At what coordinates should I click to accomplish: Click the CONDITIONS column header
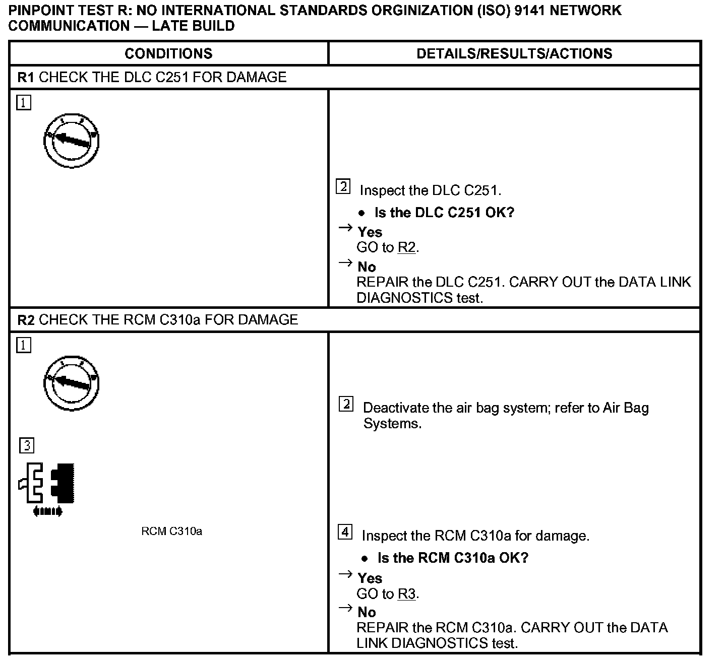[168, 54]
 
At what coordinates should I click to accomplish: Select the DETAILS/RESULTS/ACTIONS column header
[514, 54]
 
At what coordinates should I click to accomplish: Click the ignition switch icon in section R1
[71, 141]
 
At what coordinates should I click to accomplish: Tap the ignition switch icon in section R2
[71, 383]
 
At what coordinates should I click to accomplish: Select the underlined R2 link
[407, 248]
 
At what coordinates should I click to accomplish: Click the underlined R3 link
[407, 594]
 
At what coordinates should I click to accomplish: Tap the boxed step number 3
[27, 446]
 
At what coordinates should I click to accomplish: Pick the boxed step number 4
[345, 532]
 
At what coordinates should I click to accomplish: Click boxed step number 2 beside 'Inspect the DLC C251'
[343, 187]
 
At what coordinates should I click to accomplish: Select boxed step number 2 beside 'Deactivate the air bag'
[346, 404]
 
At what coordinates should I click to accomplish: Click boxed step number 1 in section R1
[24, 103]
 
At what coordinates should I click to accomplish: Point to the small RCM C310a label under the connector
[171, 532]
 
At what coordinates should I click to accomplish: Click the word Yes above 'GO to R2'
[370, 232]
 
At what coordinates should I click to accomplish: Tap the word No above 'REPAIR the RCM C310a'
[367, 612]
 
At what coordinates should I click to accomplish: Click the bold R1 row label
[25, 77]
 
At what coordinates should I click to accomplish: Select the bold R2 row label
[25, 320]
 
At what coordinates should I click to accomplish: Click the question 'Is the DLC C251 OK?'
[444, 213]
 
